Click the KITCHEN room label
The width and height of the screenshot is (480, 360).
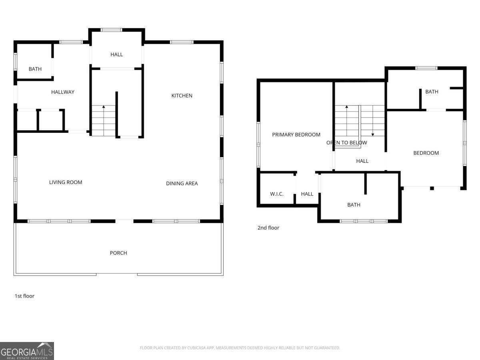[182, 96]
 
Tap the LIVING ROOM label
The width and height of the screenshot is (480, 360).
[66, 182]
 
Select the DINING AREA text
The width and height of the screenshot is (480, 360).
[182, 183]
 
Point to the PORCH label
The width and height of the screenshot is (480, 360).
[118, 253]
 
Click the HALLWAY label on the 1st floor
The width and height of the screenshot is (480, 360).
[63, 92]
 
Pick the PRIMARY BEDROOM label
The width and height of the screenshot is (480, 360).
[296, 135]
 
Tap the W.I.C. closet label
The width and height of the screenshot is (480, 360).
[277, 194]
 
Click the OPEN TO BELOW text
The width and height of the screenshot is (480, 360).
[347, 143]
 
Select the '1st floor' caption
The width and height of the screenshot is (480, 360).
[24, 296]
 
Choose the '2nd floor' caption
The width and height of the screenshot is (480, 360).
[268, 228]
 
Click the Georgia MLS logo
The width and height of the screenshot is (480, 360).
[27, 351]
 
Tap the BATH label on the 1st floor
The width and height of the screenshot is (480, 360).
[35, 69]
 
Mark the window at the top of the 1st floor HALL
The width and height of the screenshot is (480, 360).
[111, 30]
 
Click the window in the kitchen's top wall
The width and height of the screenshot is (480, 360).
[182, 42]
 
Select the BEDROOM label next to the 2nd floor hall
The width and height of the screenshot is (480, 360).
[426, 153]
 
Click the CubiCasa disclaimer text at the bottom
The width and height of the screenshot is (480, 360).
[240, 348]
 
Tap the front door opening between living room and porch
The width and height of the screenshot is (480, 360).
[124, 221]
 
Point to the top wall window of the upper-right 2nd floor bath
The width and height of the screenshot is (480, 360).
[426, 68]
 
